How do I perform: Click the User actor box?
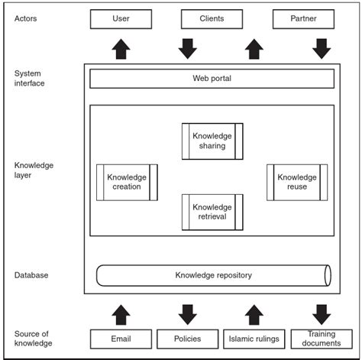click(x=121, y=18)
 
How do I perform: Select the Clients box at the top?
click(x=212, y=18)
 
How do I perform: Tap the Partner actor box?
click(x=303, y=18)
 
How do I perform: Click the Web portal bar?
click(x=212, y=79)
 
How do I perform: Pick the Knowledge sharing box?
click(x=212, y=141)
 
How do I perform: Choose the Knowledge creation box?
click(x=127, y=182)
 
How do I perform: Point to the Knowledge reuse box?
click(x=297, y=182)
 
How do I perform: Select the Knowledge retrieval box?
click(x=212, y=212)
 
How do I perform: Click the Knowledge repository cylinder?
click(x=213, y=275)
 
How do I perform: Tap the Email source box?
click(x=121, y=339)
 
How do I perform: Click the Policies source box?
click(x=188, y=339)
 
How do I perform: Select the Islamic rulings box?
click(x=254, y=339)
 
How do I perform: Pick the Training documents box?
click(x=322, y=339)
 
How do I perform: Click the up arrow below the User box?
click(x=121, y=49)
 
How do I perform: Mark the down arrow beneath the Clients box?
click(x=188, y=49)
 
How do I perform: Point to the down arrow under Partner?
click(x=322, y=49)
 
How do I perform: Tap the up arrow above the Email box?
click(x=121, y=314)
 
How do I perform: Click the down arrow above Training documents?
click(x=322, y=314)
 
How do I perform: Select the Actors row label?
click(x=27, y=18)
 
